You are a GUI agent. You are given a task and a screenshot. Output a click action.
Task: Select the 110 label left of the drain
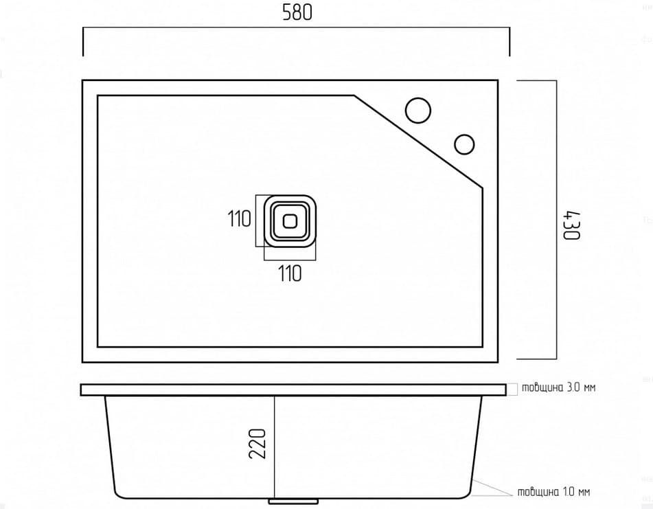pyautogui.click(x=240, y=219)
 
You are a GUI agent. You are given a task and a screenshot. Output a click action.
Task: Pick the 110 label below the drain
pyautogui.click(x=290, y=274)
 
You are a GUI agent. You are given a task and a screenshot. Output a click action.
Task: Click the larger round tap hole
pyautogui.click(x=417, y=111)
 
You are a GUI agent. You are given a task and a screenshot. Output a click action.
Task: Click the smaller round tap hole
pyautogui.click(x=464, y=144)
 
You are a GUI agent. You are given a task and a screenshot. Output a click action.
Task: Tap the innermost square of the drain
pyautogui.click(x=290, y=220)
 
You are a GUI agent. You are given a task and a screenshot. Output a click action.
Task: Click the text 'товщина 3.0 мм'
pyautogui.click(x=558, y=387)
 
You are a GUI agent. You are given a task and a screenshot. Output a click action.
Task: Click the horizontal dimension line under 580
pyautogui.click(x=296, y=28)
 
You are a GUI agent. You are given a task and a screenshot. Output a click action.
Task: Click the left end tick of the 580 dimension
pyautogui.click(x=83, y=41)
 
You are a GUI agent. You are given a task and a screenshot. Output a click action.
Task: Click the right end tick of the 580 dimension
pyautogui.click(x=509, y=41)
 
